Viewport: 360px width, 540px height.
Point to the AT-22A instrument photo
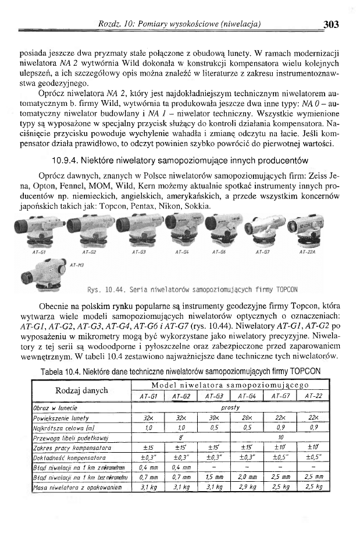pyautogui.click(x=309, y=229)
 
